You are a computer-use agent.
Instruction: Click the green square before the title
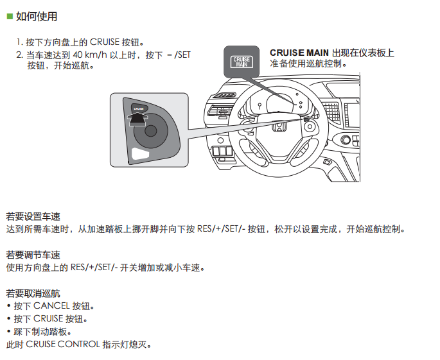pyautogui.click(x=10, y=16)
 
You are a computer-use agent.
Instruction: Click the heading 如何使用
pyautogui.click(x=37, y=16)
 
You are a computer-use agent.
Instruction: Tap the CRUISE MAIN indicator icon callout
pyautogui.click(x=242, y=62)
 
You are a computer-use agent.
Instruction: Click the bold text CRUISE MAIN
pyautogui.click(x=299, y=53)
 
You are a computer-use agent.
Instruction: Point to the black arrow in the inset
pyautogui.click(x=137, y=119)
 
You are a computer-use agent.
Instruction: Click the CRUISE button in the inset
pyautogui.click(x=139, y=108)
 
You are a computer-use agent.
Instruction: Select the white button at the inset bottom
pyautogui.click(x=140, y=154)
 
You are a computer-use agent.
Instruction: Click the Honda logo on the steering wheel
pyautogui.click(x=279, y=128)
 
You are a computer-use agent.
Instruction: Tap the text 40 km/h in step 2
pyautogui.click(x=90, y=55)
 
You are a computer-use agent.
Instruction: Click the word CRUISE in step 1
pyautogui.click(x=105, y=42)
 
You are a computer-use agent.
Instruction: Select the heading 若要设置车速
pyautogui.click(x=33, y=216)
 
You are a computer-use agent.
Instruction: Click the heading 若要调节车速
pyautogui.click(x=33, y=255)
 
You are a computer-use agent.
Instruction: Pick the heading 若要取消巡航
pyautogui.click(x=33, y=293)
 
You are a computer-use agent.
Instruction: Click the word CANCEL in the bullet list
pyautogui.click(x=51, y=305)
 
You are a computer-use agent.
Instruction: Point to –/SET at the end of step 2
pyautogui.click(x=179, y=55)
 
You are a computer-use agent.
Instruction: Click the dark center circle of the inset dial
pyautogui.click(x=151, y=131)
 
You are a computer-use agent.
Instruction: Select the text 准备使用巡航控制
pyautogui.click(x=308, y=64)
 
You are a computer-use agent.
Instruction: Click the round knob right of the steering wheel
pyautogui.click(x=346, y=139)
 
